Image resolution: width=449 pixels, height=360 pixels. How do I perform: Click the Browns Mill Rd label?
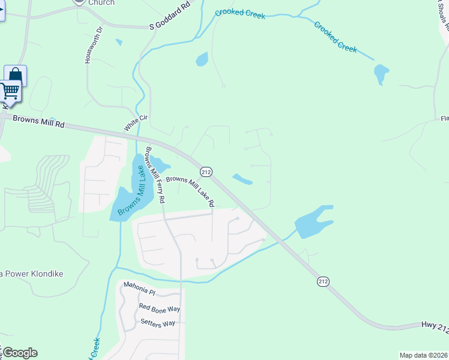(38, 123)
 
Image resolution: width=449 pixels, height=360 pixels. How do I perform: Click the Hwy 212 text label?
(434, 327)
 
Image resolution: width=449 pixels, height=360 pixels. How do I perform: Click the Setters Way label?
(157, 323)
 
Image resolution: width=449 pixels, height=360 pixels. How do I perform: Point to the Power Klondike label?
(33, 274)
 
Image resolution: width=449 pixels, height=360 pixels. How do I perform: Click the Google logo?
(19, 353)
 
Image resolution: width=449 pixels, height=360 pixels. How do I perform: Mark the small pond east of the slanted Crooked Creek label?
(381, 74)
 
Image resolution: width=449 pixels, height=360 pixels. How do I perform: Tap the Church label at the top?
(101, 2)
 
